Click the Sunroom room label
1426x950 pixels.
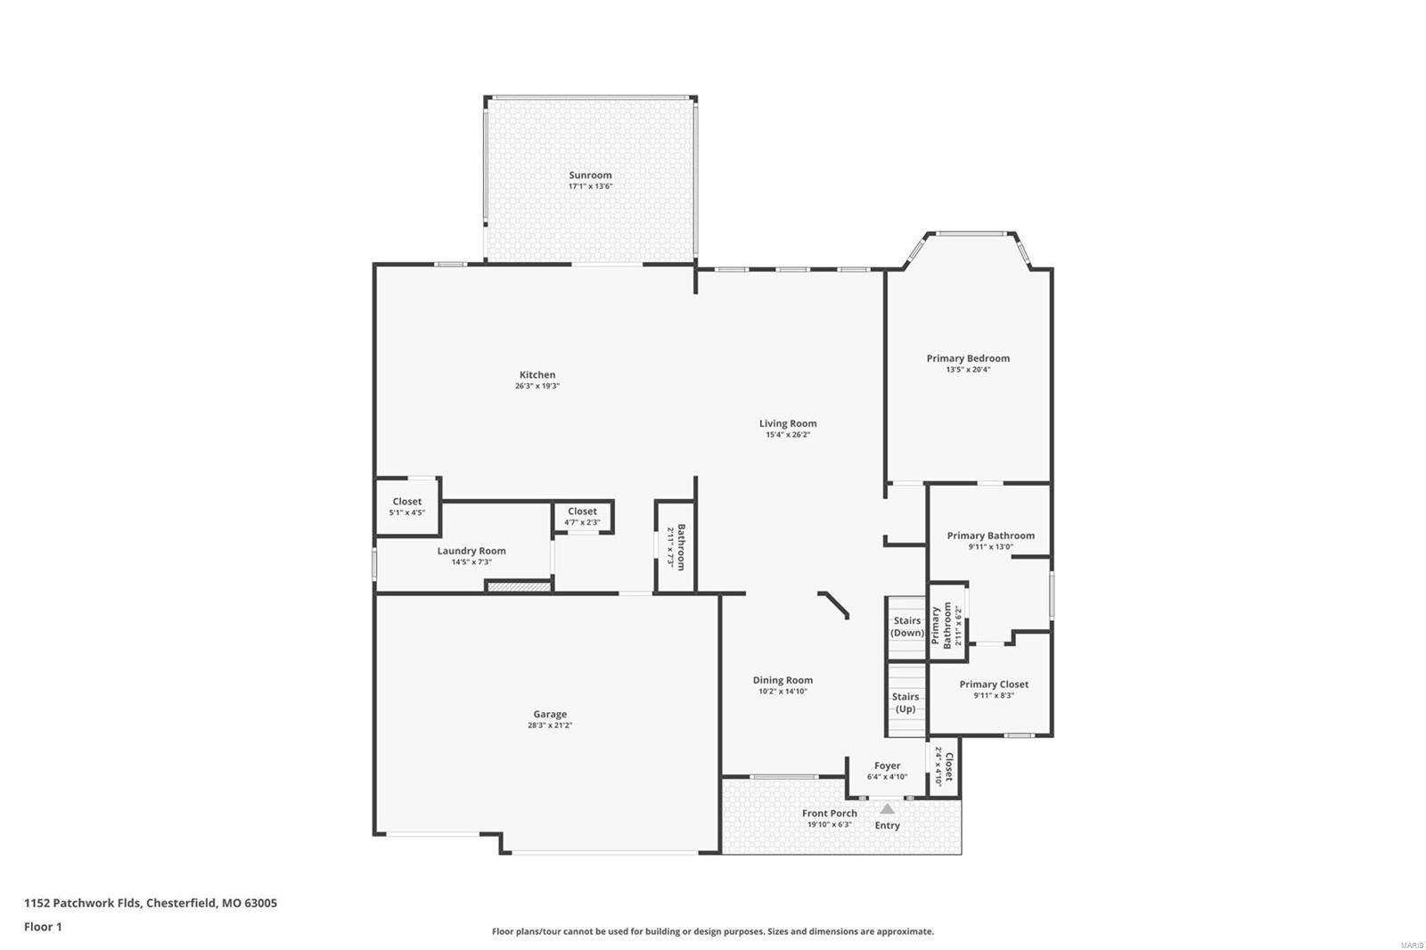coord(590,176)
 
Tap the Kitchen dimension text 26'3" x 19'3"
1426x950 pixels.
coord(537,386)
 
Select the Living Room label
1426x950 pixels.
coord(788,423)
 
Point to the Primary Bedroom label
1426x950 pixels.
coord(968,358)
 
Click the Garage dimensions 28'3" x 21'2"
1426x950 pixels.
coord(549,725)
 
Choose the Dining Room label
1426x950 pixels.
coord(783,680)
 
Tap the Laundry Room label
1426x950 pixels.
coord(471,551)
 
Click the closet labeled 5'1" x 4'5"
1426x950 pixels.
coord(407,506)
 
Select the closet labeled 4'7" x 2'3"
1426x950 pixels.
coord(582,516)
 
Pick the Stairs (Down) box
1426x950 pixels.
coord(906,627)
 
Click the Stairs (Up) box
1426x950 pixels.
coord(906,702)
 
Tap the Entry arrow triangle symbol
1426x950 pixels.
coord(887,809)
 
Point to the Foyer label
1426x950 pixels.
coord(887,766)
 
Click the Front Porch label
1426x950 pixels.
coord(829,813)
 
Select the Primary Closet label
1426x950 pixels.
coord(994,684)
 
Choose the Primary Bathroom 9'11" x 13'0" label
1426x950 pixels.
coord(990,536)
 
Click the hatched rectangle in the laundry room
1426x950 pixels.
coord(518,586)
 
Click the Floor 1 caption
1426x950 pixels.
coord(43,927)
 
